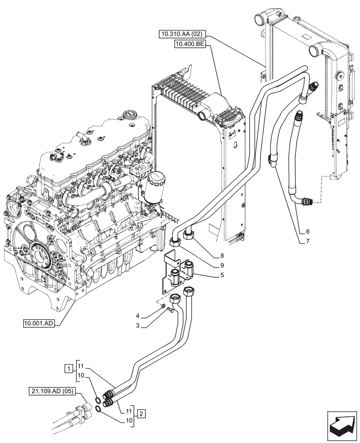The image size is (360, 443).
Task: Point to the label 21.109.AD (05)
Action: pyautogui.click(x=53, y=391)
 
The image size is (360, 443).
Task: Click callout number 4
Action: pyautogui.click(x=138, y=316)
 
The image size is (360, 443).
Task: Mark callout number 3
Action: pyautogui.click(x=138, y=326)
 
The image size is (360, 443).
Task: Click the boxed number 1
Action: pyautogui.click(x=68, y=368)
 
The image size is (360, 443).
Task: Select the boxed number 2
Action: pyautogui.click(x=140, y=414)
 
